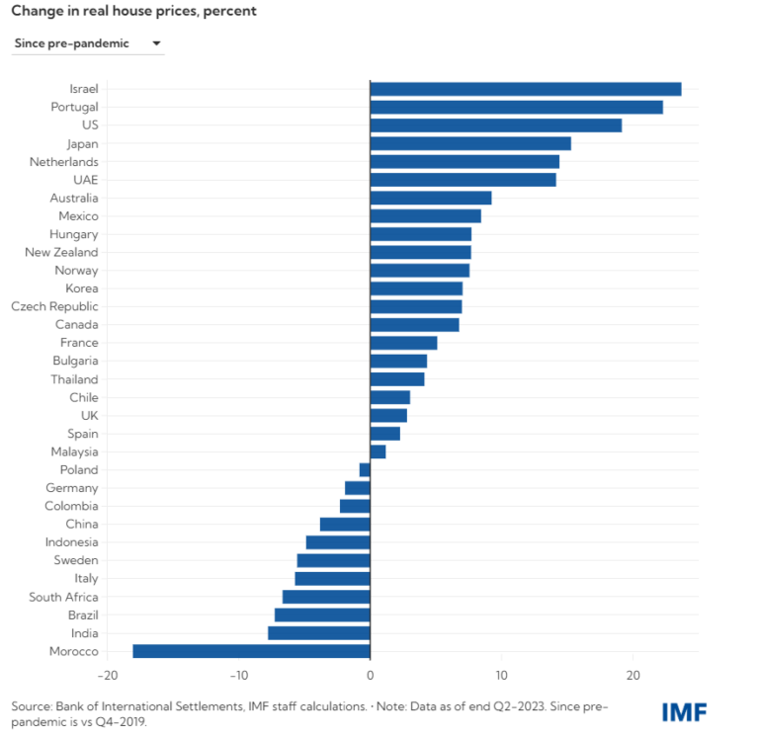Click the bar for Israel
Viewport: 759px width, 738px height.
click(x=525, y=89)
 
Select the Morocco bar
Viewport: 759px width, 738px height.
click(x=251, y=651)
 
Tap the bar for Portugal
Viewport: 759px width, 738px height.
click(x=516, y=107)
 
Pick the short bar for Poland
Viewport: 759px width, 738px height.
click(x=365, y=470)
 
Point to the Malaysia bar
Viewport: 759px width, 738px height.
click(x=378, y=451)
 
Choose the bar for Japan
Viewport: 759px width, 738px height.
click(x=470, y=143)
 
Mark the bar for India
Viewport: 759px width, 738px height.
click(x=318, y=633)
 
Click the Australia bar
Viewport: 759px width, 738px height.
click(x=431, y=198)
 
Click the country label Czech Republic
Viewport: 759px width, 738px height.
click(x=54, y=306)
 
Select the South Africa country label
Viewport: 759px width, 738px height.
click(x=63, y=597)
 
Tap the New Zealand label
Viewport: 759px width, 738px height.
click(x=61, y=252)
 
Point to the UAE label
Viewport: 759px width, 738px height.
click(x=86, y=180)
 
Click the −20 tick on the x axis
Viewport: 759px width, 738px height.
click(x=107, y=676)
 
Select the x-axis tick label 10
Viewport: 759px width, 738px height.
click(x=501, y=676)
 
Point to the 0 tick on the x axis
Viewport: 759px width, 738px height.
click(x=370, y=676)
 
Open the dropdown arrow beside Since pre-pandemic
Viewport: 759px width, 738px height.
click(x=156, y=43)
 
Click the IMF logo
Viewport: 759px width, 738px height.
click(x=684, y=710)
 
